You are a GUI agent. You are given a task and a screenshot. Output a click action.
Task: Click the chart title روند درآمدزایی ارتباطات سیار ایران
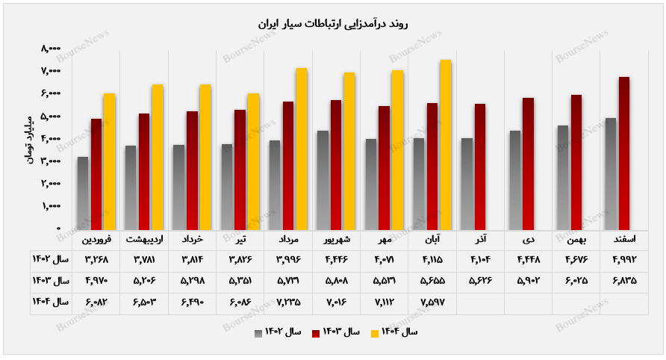[332, 24]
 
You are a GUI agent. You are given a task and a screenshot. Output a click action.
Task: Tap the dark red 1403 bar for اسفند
[624, 153]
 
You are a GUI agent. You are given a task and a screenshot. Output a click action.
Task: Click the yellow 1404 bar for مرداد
[302, 149]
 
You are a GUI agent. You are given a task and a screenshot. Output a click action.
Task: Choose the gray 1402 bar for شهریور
[323, 180]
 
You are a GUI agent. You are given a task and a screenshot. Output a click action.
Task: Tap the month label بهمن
[576, 240]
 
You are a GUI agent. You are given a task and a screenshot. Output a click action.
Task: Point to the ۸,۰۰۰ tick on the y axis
[51, 49]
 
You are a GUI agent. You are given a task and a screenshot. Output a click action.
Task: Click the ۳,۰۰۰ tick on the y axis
[51, 161]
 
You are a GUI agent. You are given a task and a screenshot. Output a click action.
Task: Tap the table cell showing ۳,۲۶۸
[97, 259]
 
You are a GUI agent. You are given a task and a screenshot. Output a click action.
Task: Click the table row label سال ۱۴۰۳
[51, 280]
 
